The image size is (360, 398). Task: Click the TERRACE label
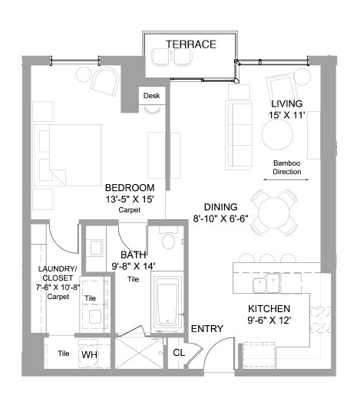[191, 44]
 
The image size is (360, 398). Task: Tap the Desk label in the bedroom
[151, 96]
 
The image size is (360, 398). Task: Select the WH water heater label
[90, 354]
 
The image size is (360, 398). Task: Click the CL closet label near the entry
[179, 353]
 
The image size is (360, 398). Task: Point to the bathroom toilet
[168, 237]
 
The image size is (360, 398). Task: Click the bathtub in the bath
[167, 304]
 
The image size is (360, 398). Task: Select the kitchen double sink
[266, 283]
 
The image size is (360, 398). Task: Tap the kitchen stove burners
[320, 320]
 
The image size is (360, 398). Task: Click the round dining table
[274, 212]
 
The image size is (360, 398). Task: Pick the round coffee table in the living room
[277, 135]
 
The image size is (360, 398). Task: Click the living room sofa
[239, 135]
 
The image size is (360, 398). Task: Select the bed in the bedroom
[67, 155]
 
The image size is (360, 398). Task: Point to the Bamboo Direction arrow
[286, 179]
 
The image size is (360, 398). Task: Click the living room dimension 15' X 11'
[286, 115]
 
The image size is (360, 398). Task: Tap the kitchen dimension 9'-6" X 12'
[269, 320]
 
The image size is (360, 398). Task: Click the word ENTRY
[207, 329]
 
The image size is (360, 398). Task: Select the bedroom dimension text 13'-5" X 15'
[130, 199]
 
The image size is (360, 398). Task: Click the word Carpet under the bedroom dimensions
[130, 210]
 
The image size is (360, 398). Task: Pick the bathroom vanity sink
[96, 247]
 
